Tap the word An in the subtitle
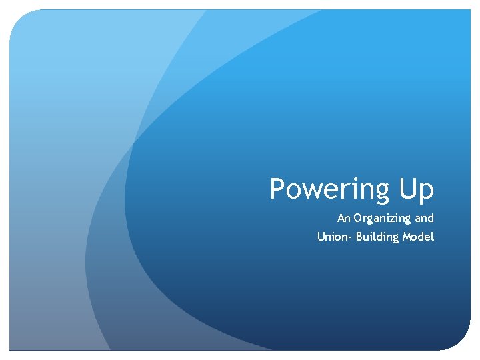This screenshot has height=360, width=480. pos(344,218)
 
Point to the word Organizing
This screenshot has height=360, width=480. pos(383,219)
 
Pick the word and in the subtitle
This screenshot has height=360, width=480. pos(425,218)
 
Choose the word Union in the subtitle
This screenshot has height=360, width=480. pos(331,237)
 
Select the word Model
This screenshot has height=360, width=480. pos(419,237)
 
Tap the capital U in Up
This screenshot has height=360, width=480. pos(409,189)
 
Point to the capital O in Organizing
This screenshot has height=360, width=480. pos(358,218)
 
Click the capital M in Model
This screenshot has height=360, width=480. pos(408,237)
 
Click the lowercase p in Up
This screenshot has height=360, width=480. pos(427,193)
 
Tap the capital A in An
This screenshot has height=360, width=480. pos(341,218)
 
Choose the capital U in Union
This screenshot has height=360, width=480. pos(321,237)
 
